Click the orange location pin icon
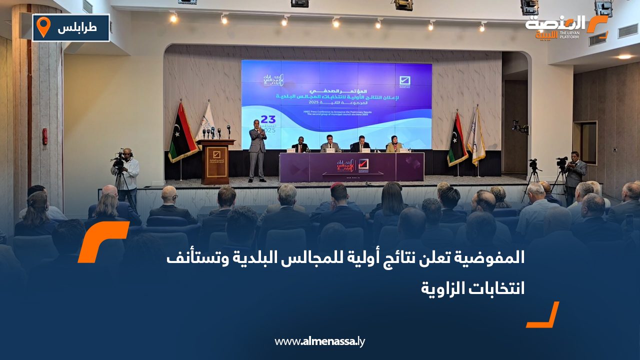44,27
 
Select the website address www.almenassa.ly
320,341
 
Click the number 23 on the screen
268,119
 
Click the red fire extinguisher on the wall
45,136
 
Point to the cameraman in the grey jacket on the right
575,173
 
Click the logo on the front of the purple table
352,165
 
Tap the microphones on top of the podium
215,133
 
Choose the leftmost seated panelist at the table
300,146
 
